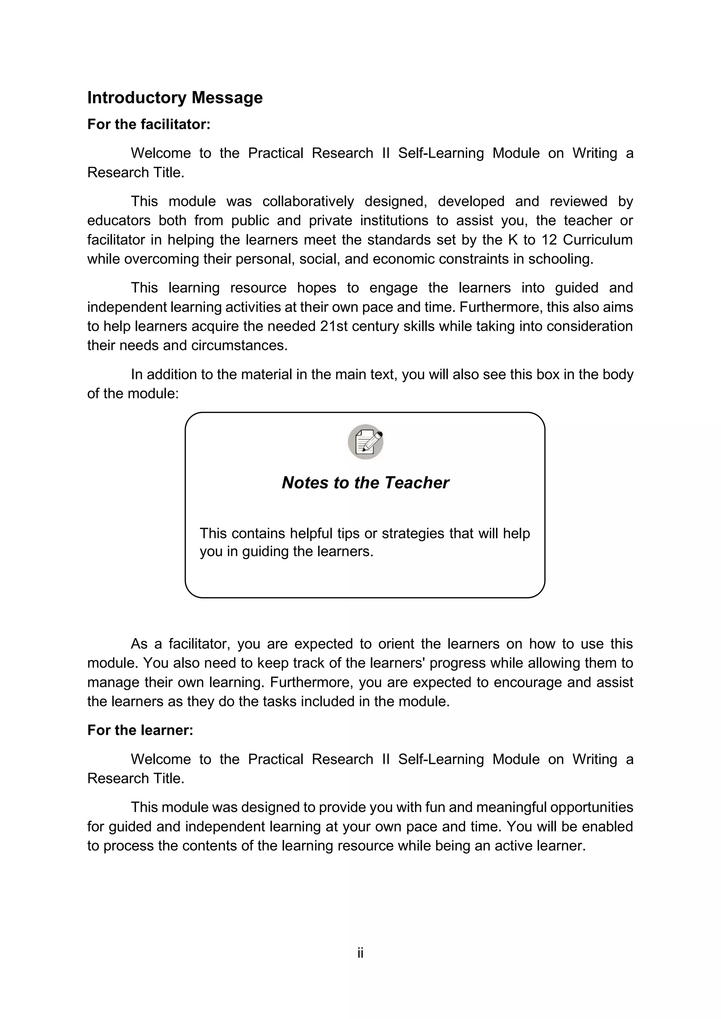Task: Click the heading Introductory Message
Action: (x=175, y=97)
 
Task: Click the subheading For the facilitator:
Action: (x=149, y=125)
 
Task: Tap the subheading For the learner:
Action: (x=140, y=730)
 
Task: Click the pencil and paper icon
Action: (x=365, y=442)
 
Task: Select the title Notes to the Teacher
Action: (x=365, y=483)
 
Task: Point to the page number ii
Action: (x=360, y=953)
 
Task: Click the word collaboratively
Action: (x=308, y=202)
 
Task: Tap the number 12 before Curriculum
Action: (x=550, y=240)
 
